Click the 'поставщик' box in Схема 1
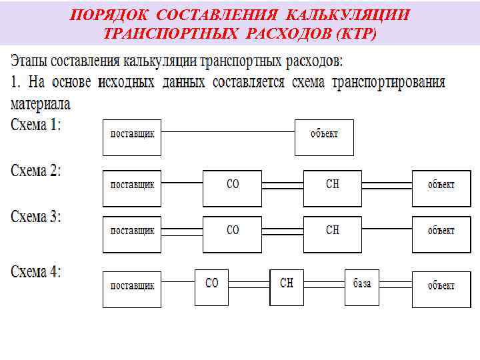[x=132, y=137]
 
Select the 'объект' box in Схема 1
[x=324, y=137]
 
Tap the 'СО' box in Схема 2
[x=233, y=187]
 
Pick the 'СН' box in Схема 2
[x=333, y=187]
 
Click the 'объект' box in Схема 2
[x=441, y=187]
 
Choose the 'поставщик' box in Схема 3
[x=132, y=233]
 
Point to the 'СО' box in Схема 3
[x=233, y=233]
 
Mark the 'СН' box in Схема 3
[x=333, y=233]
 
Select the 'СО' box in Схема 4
[x=212, y=287]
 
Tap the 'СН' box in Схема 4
[x=287, y=287]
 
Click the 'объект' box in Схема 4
[x=441, y=288]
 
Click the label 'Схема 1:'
[x=36, y=125]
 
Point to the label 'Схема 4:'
[x=36, y=271]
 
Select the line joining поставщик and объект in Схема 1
[x=228, y=131]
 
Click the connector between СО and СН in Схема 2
[x=283, y=183]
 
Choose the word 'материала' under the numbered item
[x=41, y=104]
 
